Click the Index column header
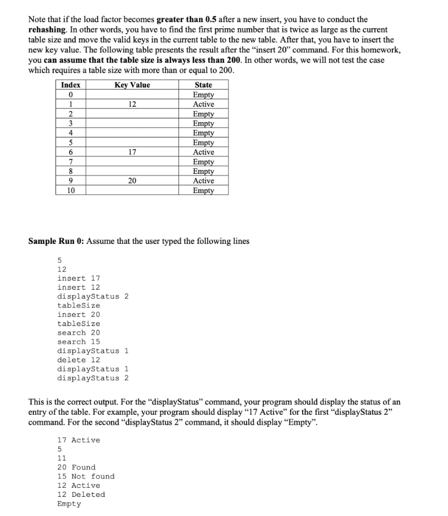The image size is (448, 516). (x=71, y=85)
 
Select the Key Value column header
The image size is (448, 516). (x=132, y=85)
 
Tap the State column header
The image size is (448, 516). (x=203, y=85)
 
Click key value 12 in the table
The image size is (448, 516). (x=132, y=104)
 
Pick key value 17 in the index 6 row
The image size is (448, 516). (x=132, y=152)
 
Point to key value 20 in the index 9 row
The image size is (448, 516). (x=132, y=181)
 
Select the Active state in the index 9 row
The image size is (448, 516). (x=203, y=181)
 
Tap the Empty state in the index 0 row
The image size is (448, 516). (x=203, y=95)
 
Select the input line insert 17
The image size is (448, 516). (x=79, y=278)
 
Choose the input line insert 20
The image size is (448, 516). (x=79, y=314)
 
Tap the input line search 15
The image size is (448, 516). (x=79, y=342)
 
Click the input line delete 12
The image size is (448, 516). (x=79, y=360)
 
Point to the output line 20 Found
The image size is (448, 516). (x=76, y=467)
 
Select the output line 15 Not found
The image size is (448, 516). (x=86, y=476)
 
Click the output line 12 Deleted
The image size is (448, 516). (x=81, y=494)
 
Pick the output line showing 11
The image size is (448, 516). (x=62, y=458)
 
